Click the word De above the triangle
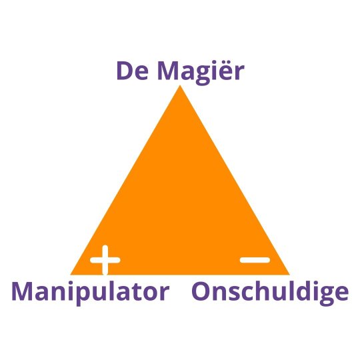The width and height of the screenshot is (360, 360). tap(132, 71)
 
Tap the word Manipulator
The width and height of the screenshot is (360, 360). tap(91, 293)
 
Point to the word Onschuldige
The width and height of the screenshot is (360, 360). tap(270, 293)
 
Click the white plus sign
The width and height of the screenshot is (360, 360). tap(105, 260)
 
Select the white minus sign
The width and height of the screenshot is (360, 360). tap(255, 260)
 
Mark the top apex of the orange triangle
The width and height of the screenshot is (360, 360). tap(180, 85)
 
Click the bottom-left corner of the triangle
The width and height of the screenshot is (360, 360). tap(71, 275)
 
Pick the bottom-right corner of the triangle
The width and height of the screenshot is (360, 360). tap(290, 275)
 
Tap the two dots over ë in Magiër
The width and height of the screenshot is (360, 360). tap(223, 63)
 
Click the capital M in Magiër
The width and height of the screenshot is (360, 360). tap(167, 71)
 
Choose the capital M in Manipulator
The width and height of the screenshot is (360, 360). tap(23, 291)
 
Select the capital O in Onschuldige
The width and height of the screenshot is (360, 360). tap(201, 291)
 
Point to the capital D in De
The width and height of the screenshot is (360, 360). tap(124, 71)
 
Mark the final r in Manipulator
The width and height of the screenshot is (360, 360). tap(165, 293)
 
